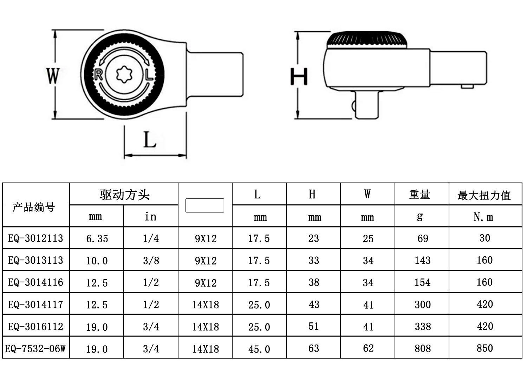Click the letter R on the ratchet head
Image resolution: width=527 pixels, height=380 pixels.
coord(98,74)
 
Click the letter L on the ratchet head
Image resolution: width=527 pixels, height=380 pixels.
coord(149,75)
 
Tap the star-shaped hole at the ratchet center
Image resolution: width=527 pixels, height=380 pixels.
coord(123,74)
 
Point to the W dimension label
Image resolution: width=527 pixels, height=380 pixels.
coord(53,76)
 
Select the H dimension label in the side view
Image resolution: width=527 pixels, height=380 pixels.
coord(299,76)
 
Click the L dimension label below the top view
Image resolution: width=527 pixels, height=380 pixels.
coord(150,139)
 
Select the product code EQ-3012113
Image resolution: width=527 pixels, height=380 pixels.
coord(35,238)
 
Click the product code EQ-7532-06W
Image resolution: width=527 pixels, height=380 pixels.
coord(35,348)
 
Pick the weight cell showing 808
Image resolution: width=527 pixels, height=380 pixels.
coord(422,348)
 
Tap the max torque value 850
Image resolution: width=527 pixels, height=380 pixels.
coord(485,348)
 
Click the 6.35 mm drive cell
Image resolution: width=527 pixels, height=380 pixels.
coord(97,238)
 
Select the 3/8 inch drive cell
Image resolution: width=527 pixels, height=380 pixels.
coord(151,260)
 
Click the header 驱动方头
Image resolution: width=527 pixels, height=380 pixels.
coord(124,194)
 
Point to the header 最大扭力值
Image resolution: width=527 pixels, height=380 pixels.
coord(484,195)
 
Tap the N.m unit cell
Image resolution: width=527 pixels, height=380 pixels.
coord(483,217)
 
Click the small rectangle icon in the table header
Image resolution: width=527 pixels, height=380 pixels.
coord(205,205)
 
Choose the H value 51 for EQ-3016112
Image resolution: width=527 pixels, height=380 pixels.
coord(314,326)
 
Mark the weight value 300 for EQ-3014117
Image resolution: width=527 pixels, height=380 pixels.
coord(422,304)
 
